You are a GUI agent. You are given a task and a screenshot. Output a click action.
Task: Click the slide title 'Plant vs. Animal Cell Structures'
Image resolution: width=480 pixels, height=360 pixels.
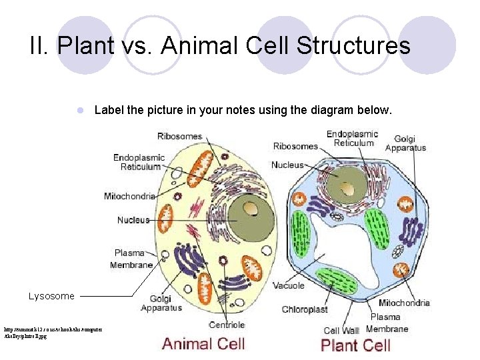(220, 46)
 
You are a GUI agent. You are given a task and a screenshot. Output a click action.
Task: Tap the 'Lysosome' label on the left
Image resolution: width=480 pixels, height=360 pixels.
(51, 296)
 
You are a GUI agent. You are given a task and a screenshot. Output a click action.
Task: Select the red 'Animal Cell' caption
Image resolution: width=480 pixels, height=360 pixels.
(203, 344)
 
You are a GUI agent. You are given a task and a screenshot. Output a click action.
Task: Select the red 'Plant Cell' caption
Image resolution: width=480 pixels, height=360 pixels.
(355, 345)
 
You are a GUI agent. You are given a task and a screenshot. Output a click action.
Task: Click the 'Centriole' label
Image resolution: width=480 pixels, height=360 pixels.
(227, 325)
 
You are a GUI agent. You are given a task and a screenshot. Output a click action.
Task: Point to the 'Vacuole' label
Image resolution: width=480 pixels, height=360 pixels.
(289, 285)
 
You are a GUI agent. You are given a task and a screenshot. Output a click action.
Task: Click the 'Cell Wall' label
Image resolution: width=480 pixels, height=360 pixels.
(341, 330)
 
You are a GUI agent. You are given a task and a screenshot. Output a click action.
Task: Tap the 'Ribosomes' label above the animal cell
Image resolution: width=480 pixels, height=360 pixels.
(179, 136)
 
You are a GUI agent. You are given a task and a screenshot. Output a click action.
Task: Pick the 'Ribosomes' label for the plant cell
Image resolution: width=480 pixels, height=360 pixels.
(295, 146)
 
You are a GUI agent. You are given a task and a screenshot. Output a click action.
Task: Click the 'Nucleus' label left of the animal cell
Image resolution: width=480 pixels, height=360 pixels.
(133, 220)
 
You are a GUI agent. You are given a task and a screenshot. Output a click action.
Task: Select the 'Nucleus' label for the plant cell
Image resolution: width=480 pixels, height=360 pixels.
(288, 165)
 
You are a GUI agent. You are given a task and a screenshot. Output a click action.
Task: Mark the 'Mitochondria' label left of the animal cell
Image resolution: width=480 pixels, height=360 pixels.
(129, 196)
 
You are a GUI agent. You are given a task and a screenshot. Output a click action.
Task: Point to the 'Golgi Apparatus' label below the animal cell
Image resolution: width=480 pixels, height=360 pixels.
(161, 303)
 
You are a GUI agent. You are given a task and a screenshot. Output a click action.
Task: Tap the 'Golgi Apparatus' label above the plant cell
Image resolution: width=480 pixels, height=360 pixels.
(405, 143)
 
